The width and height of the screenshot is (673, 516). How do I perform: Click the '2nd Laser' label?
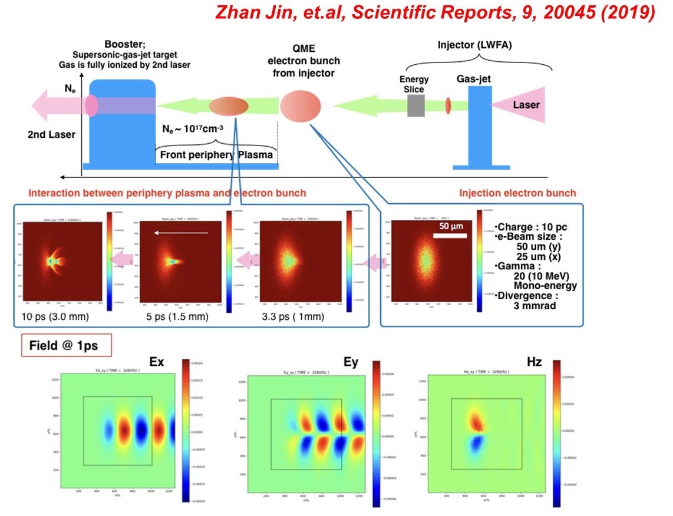coord(51,134)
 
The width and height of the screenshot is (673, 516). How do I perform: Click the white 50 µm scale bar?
coord(450,236)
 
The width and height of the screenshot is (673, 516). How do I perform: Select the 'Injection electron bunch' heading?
coord(517,193)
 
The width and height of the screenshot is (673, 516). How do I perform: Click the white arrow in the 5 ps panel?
coord(182,233)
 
